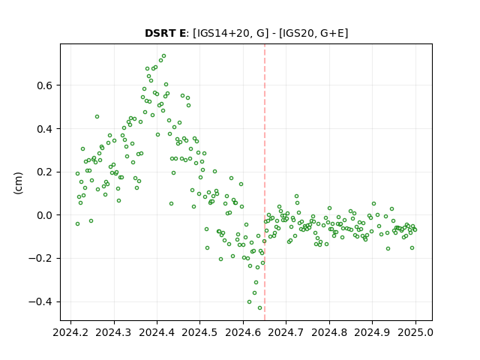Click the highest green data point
tap(163, 56)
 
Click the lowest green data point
tap(260, 307)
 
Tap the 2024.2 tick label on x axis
tap(70, 332)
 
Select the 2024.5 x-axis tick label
tap(200, 332)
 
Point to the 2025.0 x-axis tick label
tap(415, 332)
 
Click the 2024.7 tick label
tap(286, 332)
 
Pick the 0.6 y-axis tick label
tap(44, 85)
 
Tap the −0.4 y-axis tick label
tap(40, 301)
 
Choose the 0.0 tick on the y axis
tap(44, 215)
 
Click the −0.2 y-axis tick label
tap(40, 258)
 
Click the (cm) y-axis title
tap(18, 183)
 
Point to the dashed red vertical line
tap(265, 182)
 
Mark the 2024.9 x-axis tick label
tap(372, 332)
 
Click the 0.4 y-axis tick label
tap(44, 129)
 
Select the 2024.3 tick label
tap(114, 332)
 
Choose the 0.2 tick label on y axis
tap(44, 172)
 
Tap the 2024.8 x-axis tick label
tap(329, 332)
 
